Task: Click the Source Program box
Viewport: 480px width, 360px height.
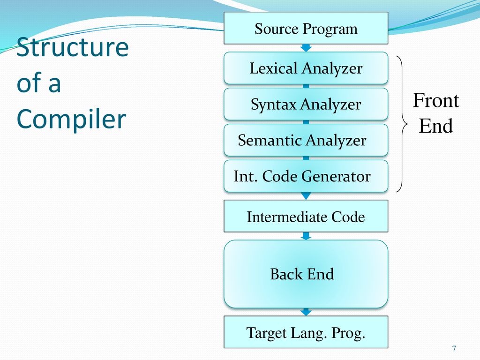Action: [306, 28]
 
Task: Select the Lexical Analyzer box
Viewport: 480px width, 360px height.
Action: [306, 68]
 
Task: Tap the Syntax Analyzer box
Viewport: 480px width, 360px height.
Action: [306, 104]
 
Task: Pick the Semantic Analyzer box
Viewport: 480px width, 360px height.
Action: [306, 140]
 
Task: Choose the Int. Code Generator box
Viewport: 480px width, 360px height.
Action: [306, 176]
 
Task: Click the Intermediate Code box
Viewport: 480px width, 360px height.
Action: [306, 216]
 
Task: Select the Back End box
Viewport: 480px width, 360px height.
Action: [306, 274]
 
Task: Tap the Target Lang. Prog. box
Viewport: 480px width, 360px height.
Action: [306, 332]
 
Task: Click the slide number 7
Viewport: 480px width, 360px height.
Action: [454, 348]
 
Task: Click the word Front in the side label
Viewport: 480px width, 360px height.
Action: [436, 100]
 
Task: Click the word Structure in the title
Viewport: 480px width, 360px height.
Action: [73, 47]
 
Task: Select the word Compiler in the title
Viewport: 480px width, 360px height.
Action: [71, 119]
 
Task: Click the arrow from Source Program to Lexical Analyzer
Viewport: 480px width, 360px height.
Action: [306, 48]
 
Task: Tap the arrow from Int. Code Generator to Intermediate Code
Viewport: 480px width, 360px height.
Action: [306, 196]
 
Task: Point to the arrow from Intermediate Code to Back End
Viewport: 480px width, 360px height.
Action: [306, 236]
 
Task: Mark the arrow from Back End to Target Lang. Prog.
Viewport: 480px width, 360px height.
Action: [306, 312]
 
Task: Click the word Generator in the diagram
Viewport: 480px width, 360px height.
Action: [336, 176]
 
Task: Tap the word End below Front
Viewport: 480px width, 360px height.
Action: [436, 126]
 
